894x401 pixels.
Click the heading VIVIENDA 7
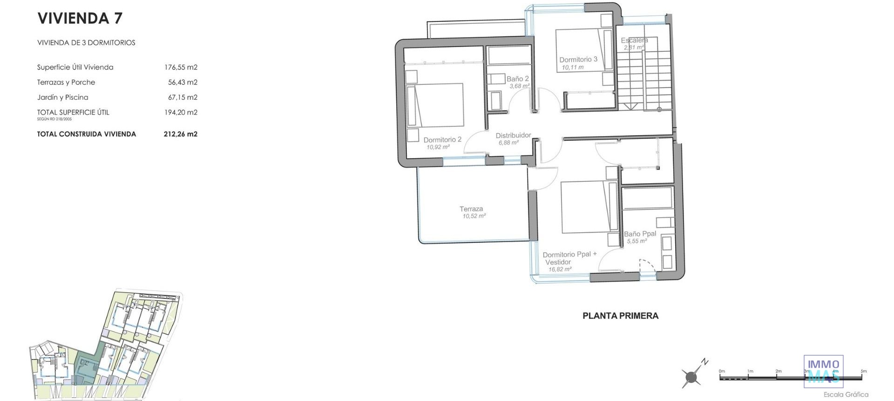(80, 18)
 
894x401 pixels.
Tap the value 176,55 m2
(181, 67)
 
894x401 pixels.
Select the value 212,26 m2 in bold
(181, 134)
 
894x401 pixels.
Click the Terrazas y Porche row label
(66, 82)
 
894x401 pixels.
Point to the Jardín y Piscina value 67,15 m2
(183, 97)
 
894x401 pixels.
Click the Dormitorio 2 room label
(442, 139)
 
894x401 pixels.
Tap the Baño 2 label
(518, 79)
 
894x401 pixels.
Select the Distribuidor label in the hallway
(513, 135)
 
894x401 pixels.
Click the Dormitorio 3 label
(578, 59)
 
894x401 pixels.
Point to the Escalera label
(634, 41)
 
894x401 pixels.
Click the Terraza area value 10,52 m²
(474, 216)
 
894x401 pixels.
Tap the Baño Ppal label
(640, 234)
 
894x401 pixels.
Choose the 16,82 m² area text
(560, 269)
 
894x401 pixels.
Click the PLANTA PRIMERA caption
(620, 316)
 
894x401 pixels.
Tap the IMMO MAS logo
(823, 371)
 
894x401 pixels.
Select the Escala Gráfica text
(846, 394)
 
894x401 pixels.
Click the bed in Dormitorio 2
(435, 105)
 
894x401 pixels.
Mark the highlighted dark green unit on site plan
(87, 366)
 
